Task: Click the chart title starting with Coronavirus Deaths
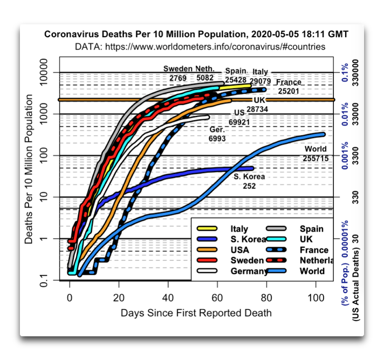196,34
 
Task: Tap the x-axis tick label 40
168,297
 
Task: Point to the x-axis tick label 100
316,297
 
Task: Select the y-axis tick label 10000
44,72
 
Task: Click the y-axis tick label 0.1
44,280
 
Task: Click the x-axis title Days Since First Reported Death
196,313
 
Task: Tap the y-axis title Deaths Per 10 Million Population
29,169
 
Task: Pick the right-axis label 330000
355,73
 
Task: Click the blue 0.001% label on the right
345,156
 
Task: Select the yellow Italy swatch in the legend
207,229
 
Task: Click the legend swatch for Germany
207,271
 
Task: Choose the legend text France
314,250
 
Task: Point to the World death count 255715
316,158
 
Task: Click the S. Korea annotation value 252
249,186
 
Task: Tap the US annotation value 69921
239,122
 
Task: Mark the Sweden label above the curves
178,68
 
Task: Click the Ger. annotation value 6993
217,139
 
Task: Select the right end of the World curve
323,134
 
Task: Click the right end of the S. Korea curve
252,168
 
